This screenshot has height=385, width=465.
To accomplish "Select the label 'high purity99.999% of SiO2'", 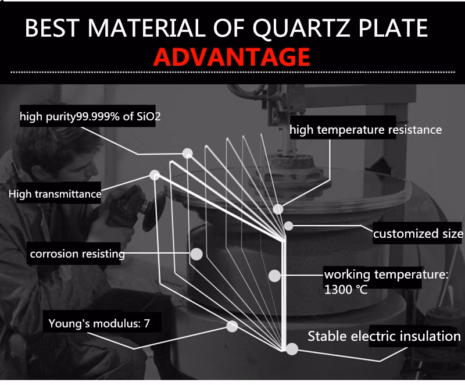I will coord(90,117).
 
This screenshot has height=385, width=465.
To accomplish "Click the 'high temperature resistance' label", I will coord(366,130).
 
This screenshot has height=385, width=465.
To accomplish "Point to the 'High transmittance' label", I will coord(55,194).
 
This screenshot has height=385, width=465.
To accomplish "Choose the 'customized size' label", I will coord(418,234).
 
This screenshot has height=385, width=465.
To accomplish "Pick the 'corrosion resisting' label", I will coord(77,254).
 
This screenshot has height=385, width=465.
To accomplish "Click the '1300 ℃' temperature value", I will coord(346,288).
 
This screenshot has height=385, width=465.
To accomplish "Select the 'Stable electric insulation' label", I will coord(384,336).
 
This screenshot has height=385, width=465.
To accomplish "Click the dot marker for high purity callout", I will coord(187,154).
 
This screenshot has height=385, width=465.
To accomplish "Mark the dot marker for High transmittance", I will coord(155,174).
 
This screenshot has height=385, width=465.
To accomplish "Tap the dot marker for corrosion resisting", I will coord(196,254).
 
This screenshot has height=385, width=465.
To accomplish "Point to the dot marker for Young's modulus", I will coord(232,326).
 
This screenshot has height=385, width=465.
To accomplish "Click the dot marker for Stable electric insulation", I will coord(292,349).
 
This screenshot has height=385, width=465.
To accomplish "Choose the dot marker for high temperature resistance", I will coord(278,208).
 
